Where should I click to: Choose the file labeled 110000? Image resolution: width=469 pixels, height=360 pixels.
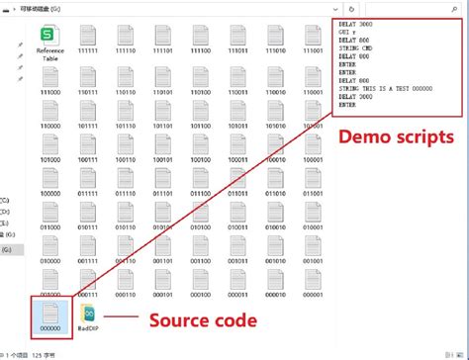(49, 115)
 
